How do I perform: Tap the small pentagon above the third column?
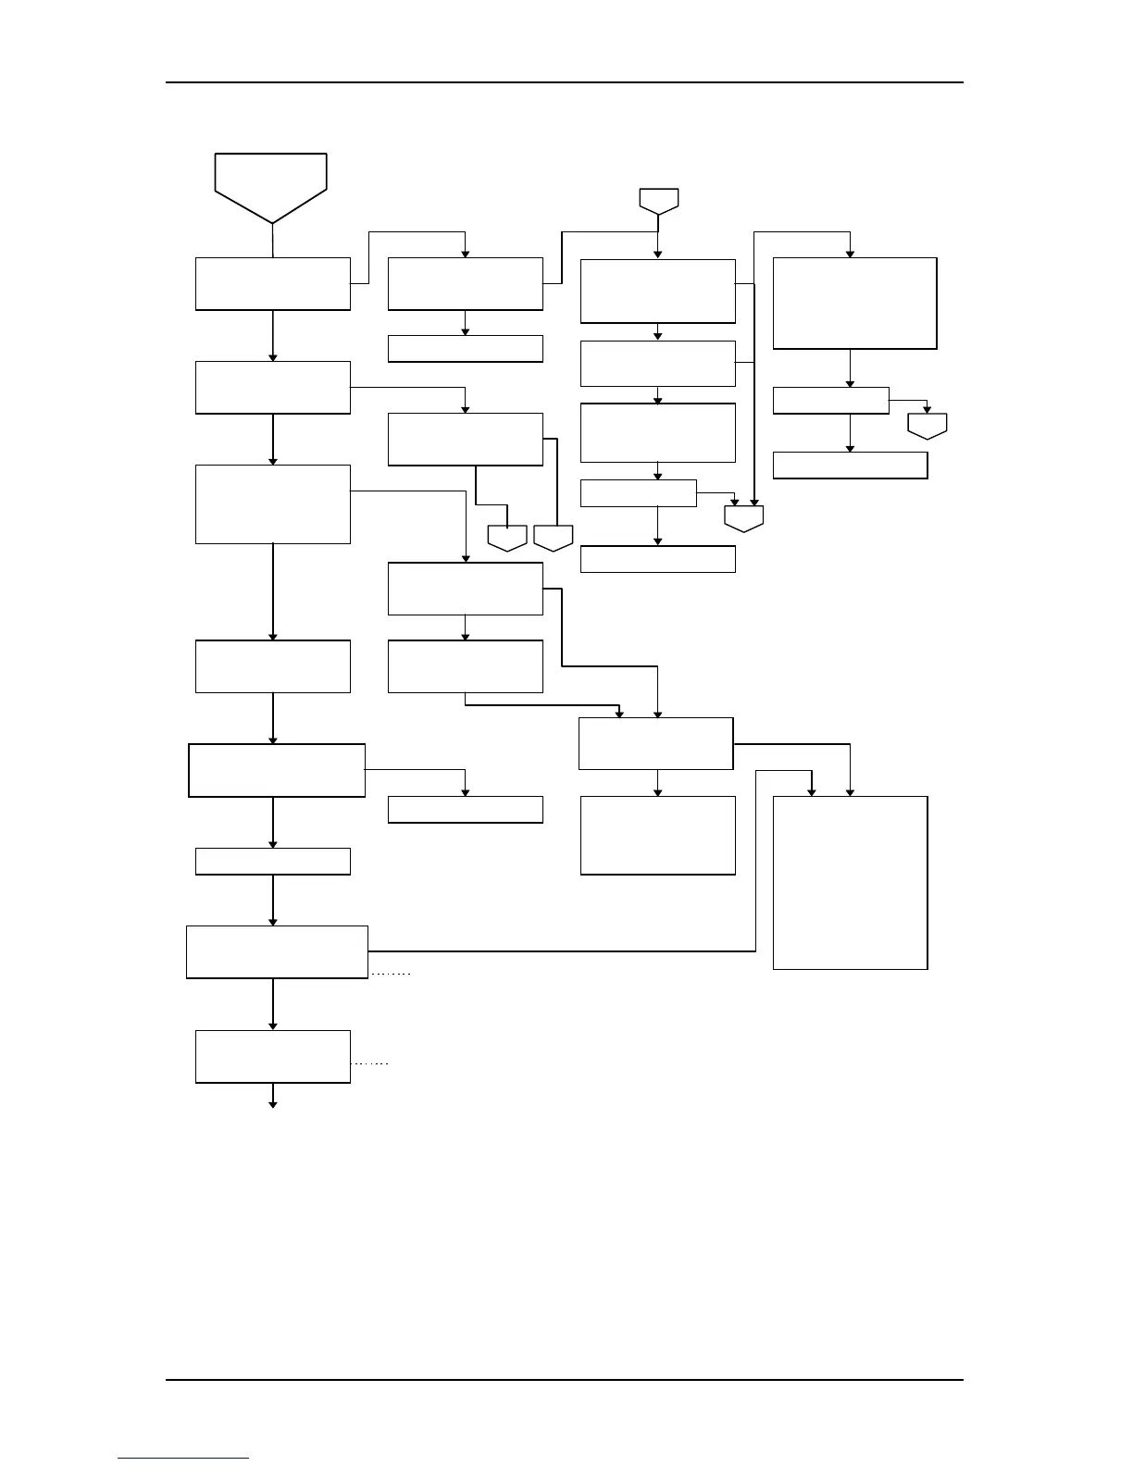(x=658, y=199)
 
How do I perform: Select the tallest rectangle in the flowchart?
(x=850, y=882)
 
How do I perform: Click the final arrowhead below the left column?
(x=273, y=1103)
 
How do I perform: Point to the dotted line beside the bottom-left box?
(x=370, y=1064)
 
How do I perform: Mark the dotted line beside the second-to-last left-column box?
(x=391, y=975)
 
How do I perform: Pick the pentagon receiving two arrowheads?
(x=744, y=517)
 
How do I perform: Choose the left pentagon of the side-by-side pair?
(x=507, y=537)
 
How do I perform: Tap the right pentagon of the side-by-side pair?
(x=554, y=537)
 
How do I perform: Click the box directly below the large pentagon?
(x=273, y=284)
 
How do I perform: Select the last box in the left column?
(x=273, y=1056)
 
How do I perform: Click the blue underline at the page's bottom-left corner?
(x=183, y=1458)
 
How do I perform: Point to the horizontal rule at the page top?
(x=565, y=82)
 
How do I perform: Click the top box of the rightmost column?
(x=854, y=304)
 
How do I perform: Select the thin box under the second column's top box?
(x=465, y=349)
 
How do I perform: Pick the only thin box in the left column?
(x=273, y=861)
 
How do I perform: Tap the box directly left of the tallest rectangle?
(x=658, y=835)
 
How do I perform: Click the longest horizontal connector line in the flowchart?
(x=562, y=950)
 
